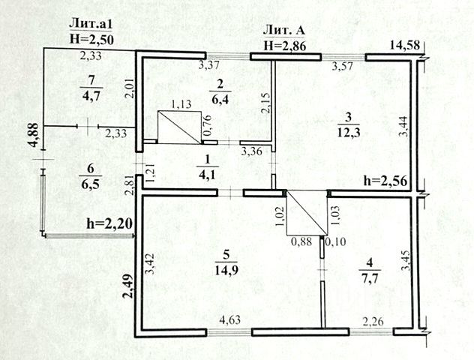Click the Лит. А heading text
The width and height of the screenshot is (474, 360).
click(x=284, y=30)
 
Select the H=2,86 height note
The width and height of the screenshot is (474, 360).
click(x=284, y=45)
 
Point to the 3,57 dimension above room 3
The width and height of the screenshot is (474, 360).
click(x=343, y=66)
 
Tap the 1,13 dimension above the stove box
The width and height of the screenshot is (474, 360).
click(x=182, y=105)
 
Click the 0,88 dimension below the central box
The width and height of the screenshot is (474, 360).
click(x=300, y=241)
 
